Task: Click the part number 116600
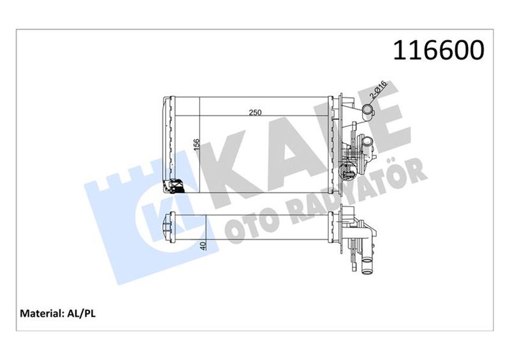[x=439, y=50]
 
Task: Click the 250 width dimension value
[x=256, y=113]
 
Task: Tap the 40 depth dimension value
[x=203, y=245]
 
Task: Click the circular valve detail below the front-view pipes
[x=348, y=171]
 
